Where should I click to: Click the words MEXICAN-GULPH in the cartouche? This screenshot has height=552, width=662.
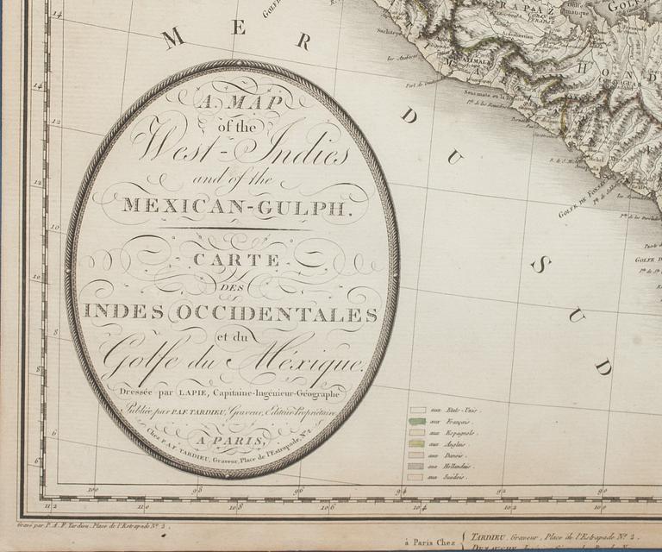(234, 205)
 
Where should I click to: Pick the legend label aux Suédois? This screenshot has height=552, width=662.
(450, 476)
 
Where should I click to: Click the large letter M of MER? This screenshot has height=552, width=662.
(174, 39)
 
